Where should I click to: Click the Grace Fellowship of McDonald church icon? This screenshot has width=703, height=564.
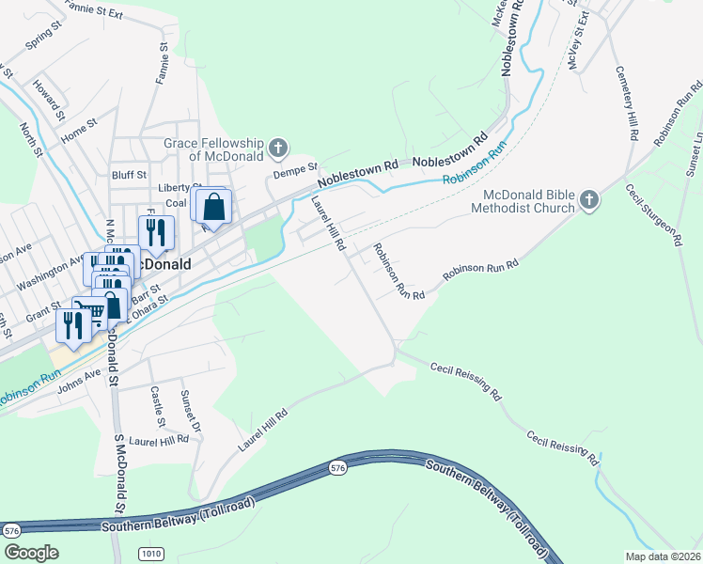click(x=277, y=148)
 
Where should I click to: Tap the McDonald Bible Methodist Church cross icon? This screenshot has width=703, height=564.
click(x=588, y=200)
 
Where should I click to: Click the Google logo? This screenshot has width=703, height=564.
click(x=31, y=552)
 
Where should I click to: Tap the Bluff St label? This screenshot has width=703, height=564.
click(x=129, y=174)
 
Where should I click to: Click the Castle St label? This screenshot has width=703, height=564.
click(x=157, y=405)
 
